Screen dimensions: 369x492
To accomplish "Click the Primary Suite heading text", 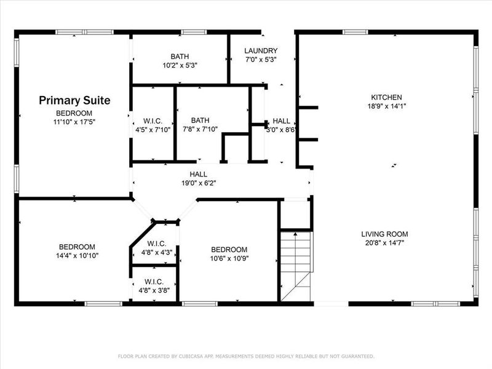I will coord(74,100).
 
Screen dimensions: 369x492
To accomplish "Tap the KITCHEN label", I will coord(386,97).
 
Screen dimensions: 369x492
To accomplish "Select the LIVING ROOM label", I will coord(384,234).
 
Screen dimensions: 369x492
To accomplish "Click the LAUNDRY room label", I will coord(261,51).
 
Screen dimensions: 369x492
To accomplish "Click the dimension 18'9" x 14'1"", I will coord(386,106).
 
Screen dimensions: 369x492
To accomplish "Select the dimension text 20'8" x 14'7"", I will coord(384,242).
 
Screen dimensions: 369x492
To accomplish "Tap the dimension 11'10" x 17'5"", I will coord(74,122).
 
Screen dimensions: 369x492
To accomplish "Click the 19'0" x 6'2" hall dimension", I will coord(198,183).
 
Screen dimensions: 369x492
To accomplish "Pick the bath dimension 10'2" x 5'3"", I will coord(180,65).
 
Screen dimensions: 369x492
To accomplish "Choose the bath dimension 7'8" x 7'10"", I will coord(200,129).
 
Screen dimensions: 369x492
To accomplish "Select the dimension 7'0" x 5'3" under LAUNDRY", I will coord(261,60).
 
